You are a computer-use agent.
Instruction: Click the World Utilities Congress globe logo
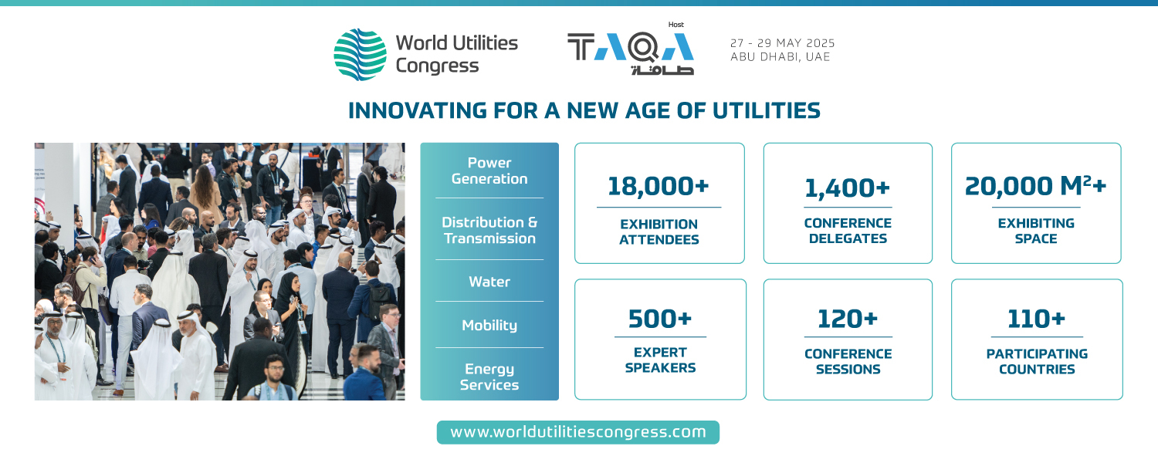[360, 54]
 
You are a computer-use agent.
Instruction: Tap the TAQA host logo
[631, 54]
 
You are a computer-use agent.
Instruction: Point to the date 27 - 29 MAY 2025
[782, 43]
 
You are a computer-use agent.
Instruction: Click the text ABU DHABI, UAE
[780, 57]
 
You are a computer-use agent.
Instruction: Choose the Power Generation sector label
[489, 171]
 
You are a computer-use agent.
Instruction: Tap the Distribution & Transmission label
[489, 230]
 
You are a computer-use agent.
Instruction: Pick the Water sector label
[489, 282]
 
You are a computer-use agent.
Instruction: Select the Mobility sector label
[489, 326]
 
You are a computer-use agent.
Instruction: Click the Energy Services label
[489, 377]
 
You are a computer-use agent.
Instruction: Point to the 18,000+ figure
[658, 187]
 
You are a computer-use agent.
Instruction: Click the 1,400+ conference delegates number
[848, 188]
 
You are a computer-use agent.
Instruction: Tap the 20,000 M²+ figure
[1035, 186]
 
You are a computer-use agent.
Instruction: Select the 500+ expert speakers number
[660, 319]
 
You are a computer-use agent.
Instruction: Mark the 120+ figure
[848, 319]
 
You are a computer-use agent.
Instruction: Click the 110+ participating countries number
[1037, 319]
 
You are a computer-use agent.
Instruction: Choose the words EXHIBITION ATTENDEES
[659, 232]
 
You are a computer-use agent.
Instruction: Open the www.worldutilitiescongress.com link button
[578, 432]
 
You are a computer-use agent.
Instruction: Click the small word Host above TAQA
[675, 24]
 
